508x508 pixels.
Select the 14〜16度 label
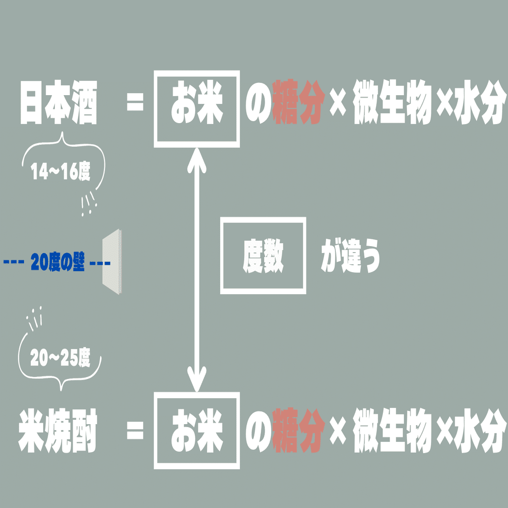click(x=61, y=172)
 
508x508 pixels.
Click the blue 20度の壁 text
click(x=58, y=263)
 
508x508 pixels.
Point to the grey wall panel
click(x=112, y=262)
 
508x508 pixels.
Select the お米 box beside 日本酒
click(x=197, y=109)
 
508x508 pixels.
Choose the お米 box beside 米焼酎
click(x=197, y=431)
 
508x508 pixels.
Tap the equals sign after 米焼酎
click(x=135, y=432)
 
